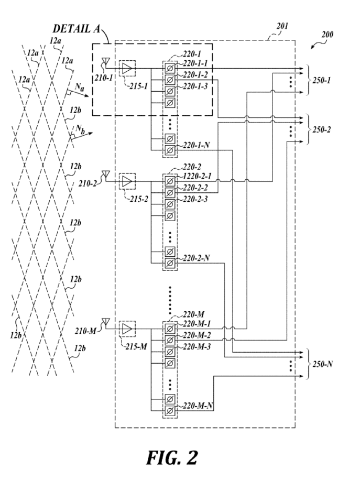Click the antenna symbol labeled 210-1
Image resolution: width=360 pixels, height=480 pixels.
(x=105, y=61)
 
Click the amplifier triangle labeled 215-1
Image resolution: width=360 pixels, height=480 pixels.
(x=127, y=68)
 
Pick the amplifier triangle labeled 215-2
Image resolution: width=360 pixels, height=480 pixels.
(x=127, y=181)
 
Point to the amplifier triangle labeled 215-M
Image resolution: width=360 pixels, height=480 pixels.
(x=127, y=329)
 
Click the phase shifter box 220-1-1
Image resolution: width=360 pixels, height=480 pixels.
(x=170, y=68)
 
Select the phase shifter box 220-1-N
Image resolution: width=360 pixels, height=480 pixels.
(x=170, y=150)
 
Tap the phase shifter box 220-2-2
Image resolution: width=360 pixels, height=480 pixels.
(x=170, y=192)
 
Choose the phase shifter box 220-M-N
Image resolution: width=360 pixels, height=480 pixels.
(x=170, y=410)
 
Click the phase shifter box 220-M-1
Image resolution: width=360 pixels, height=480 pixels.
(x=170, y=329)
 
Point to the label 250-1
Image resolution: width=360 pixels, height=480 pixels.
(x=321, y=81)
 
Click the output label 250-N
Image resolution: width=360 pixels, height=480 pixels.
(x=322, y=364)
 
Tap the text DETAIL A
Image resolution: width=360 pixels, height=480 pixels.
(x=76, y=29)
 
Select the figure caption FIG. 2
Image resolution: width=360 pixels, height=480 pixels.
(x=172, y=458)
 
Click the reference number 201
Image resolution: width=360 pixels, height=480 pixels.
(x=282, y=26)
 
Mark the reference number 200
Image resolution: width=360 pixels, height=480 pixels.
(x=327, y=34)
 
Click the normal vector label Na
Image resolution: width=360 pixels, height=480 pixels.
(x=79, y=87)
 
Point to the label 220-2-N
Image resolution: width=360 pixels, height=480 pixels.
(x=196, y=258)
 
